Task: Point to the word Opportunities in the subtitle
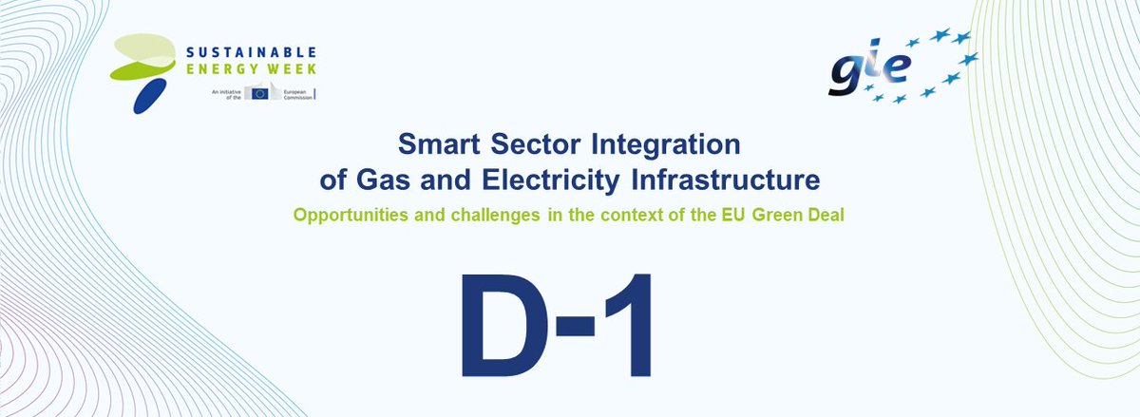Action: (x=349, y=215)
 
